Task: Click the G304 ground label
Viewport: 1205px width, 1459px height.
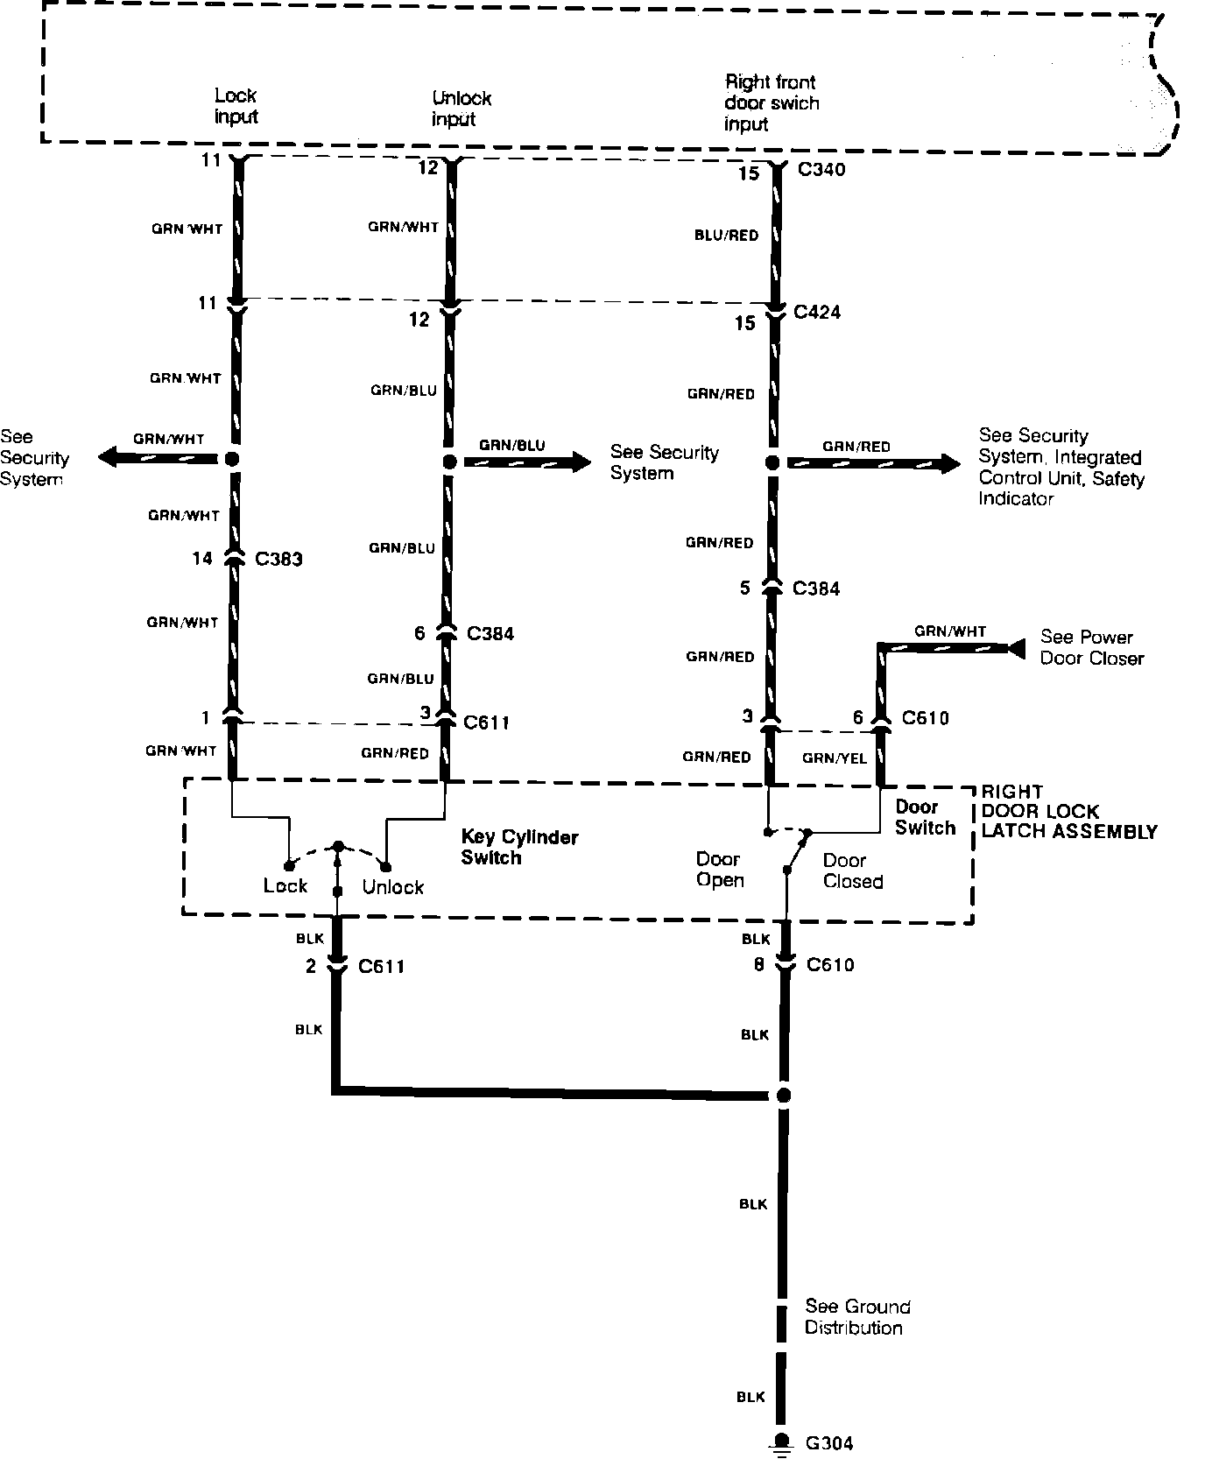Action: tap(828, 1442)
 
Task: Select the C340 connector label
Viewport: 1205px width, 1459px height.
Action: tap(821, 170)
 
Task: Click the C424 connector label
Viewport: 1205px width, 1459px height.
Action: tap(816, 312)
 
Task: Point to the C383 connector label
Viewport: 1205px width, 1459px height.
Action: tap(278, 559)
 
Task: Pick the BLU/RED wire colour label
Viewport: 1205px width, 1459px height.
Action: tap(726, 235)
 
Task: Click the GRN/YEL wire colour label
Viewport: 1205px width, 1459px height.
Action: tap(835, 758)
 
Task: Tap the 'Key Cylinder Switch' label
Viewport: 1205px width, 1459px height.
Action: tap(519, 847)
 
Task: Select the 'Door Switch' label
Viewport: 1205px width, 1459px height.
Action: tap(925, 817)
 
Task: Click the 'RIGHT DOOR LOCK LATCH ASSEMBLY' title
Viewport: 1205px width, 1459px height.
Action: tap(1068, 812)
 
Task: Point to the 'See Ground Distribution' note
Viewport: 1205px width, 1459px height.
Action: tap(857, 1317)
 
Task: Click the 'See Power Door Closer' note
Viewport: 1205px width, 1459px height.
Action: tap(1091, 647)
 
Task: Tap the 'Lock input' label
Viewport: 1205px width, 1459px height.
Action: tap(236, 106)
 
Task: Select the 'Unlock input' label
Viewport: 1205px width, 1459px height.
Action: tap(461, 109)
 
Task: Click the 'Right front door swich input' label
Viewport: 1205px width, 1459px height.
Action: tap(771, 103)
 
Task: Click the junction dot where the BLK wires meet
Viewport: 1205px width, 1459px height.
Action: tap(783, 1095)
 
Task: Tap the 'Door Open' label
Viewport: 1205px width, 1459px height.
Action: tap(719, 870)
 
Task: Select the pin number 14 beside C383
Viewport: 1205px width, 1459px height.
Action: tap(201, 558)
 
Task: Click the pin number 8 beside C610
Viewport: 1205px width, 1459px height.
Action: tap(758, 964)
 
